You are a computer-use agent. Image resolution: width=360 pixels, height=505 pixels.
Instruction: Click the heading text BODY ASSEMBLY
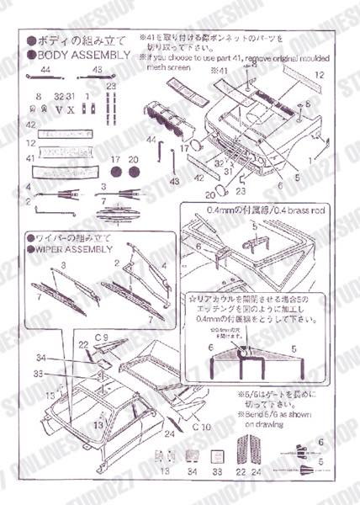(85, 56)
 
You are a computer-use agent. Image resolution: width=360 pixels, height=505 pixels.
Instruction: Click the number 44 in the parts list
(44, 70)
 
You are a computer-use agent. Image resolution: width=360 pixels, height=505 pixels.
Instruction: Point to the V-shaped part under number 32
(58, 109)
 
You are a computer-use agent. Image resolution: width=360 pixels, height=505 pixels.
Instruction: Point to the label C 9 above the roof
(102, 338)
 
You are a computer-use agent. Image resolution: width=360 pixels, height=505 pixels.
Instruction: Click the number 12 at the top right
(319, 76)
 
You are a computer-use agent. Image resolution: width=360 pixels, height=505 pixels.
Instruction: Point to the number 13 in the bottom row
(165, 474)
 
